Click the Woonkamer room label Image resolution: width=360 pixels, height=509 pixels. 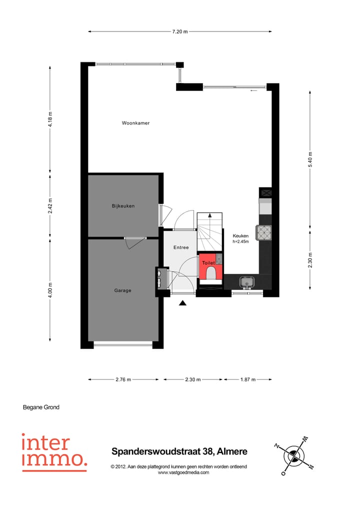[135, 123]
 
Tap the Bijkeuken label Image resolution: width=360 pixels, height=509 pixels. [123, 206]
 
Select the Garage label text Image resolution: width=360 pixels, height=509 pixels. [122, 290]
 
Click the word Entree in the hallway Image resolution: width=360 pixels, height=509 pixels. [181, 247]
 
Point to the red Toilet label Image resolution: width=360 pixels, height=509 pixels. [208, 262]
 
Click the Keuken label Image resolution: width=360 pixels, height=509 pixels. [240, 236]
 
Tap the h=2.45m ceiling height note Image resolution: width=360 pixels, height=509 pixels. [241, 242]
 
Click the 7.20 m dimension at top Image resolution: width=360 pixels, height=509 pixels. [180, 31]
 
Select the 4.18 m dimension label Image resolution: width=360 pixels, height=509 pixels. [50, 119]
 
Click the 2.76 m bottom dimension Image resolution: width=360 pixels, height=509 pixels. [123, 379]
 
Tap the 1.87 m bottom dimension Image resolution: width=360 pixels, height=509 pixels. [247, 379]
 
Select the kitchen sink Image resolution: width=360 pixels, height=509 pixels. [247, 282]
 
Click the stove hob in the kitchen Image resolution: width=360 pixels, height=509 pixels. [263, 232]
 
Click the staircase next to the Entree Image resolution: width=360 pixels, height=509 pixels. [209, 230]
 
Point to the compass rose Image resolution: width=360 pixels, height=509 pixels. [294, 456]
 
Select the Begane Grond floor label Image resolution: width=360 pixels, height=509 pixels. [41, 407]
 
